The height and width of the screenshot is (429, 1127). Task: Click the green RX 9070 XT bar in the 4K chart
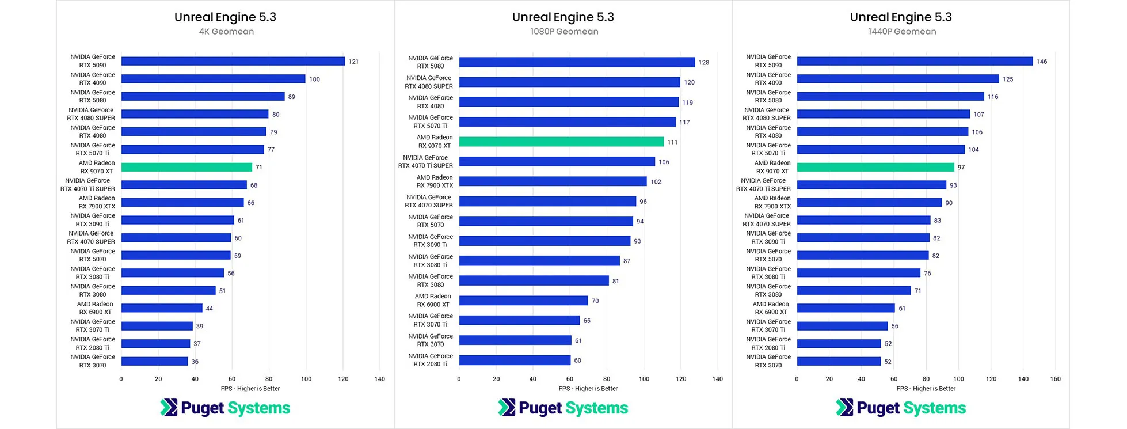click(186, 167)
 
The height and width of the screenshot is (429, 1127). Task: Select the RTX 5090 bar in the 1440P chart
click(915, 61)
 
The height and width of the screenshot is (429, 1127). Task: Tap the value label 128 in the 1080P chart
click(703, 63)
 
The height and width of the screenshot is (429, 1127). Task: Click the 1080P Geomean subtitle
click(564, 32)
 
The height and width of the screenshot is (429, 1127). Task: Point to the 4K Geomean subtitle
click(226, 32)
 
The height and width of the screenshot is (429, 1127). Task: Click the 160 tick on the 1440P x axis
click(1055, 379)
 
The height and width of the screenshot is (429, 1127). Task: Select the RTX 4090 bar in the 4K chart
click(213, 79)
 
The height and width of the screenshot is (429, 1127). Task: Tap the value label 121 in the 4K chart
click(353, 62)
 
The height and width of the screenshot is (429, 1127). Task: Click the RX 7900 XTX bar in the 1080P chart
click(553, 181)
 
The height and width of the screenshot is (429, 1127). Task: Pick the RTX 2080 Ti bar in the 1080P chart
click(515, 360)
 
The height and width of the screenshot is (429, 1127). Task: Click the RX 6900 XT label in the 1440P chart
click(771, 308)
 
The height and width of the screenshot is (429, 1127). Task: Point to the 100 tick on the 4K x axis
click(306, 379)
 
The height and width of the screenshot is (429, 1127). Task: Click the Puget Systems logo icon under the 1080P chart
click(507, 407)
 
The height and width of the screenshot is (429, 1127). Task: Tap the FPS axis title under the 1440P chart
click(926, 389)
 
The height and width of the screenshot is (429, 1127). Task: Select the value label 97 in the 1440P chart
click(961, 168)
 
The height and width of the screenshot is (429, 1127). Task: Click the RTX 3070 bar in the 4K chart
click(154, 362)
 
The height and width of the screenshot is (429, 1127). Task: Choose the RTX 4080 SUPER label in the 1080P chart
click(429, 82)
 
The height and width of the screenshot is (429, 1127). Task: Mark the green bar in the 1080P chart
click(561, 142)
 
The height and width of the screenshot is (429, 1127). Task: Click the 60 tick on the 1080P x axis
click(570, 379)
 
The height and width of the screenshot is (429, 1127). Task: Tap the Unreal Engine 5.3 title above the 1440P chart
click(901, 17)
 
